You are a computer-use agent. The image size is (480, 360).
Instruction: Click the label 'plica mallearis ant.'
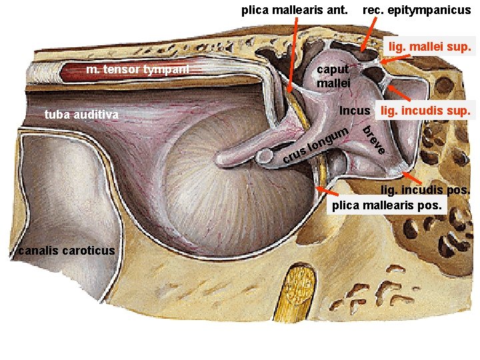coord(294,10)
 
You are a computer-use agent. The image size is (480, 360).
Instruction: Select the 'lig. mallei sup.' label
coord(430,47)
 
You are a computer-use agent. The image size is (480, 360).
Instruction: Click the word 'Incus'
coord(355,109)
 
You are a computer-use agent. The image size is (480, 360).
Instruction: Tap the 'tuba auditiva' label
coord(81,115)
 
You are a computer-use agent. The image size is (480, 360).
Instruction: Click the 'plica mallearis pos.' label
coord(387,205)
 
